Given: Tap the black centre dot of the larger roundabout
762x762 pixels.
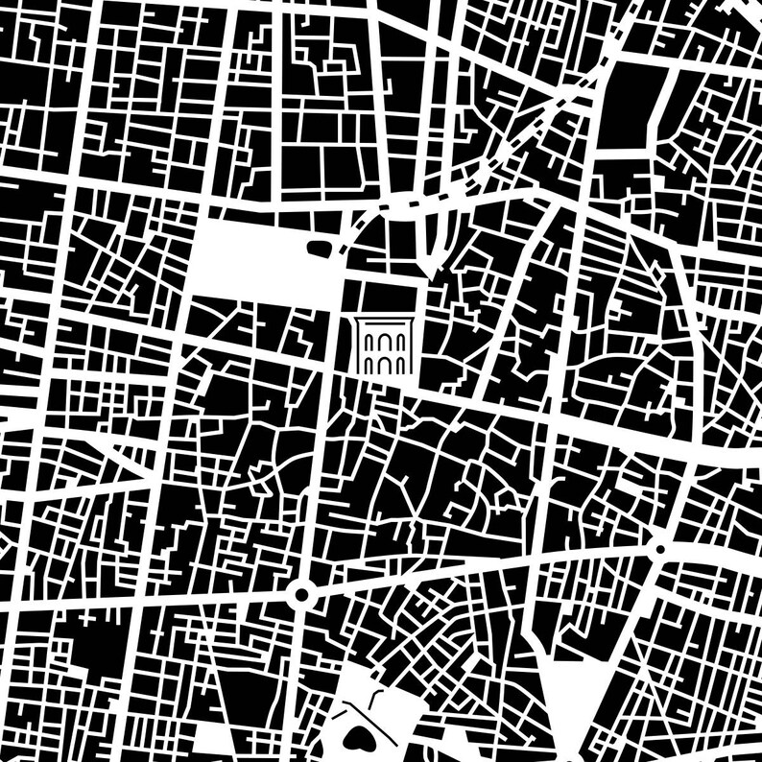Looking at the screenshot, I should pos(301,595).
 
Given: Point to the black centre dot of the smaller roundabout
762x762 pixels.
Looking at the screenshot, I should pos(659,549).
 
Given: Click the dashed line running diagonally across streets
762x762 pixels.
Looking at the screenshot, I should pos(537,115).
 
